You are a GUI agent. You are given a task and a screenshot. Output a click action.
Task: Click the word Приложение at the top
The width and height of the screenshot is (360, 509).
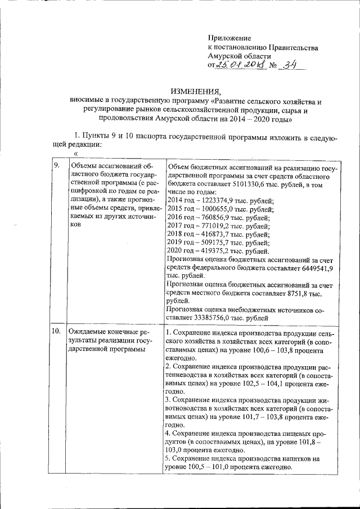coord(229,38)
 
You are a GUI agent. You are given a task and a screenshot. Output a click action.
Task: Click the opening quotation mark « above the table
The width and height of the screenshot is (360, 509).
coord(75,152)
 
